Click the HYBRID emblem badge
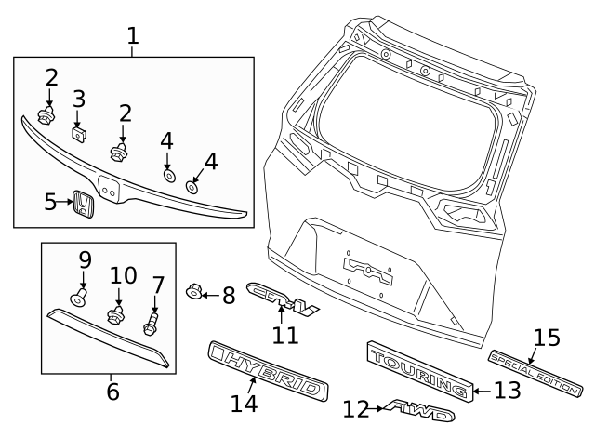click(x=267, y=371)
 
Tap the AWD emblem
click(x=421, y=410)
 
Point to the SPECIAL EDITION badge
click(x=535, y=370)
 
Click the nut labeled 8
click(x=194, y=293)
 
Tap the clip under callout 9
click(x=79, y=296)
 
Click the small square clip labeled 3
click(x=80, y=133)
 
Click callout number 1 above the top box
click(x=133, y=36)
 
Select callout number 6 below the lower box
click(x=112, y=392)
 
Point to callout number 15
click(x=547, y=338)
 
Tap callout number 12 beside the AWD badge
click(x=355, y=408)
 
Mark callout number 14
click(x=245, y=404)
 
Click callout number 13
click(x=507, y=391)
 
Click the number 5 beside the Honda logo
click(x=52, y=202)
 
